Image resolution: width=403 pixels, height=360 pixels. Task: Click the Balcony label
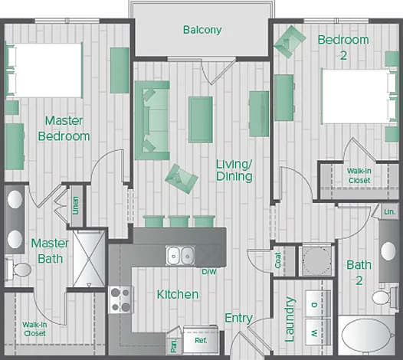tap(202, 30)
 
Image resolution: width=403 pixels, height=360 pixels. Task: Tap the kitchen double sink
tap(180, 255)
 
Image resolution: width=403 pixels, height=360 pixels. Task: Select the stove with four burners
tap(120, 299)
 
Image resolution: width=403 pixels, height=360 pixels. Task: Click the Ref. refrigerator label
tap(201, 341)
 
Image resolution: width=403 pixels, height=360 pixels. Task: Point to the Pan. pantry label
tap(173, 345)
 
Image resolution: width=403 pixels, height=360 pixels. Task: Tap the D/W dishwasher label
tap(209, 272)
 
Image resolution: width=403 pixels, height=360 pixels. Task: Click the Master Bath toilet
tap(18, 270)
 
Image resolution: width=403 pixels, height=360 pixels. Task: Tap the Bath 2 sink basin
tap(388, 250)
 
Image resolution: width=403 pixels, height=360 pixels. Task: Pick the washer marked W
tap(318, 332)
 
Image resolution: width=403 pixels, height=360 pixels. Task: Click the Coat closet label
tap(278, 260)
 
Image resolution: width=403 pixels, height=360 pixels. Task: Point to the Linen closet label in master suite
tap(75, 205)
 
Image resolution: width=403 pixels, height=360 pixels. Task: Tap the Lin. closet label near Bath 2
tap(390, 211)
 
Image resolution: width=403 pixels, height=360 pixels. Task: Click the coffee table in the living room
tap(201, 119)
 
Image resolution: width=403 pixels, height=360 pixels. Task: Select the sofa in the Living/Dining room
tap(152, 120)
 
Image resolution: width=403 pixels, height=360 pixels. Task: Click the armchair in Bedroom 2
tap(290, 41)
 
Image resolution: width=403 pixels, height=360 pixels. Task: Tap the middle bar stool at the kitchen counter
tap(179, 221)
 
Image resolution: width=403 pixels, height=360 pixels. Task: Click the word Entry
tap(239, 319)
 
